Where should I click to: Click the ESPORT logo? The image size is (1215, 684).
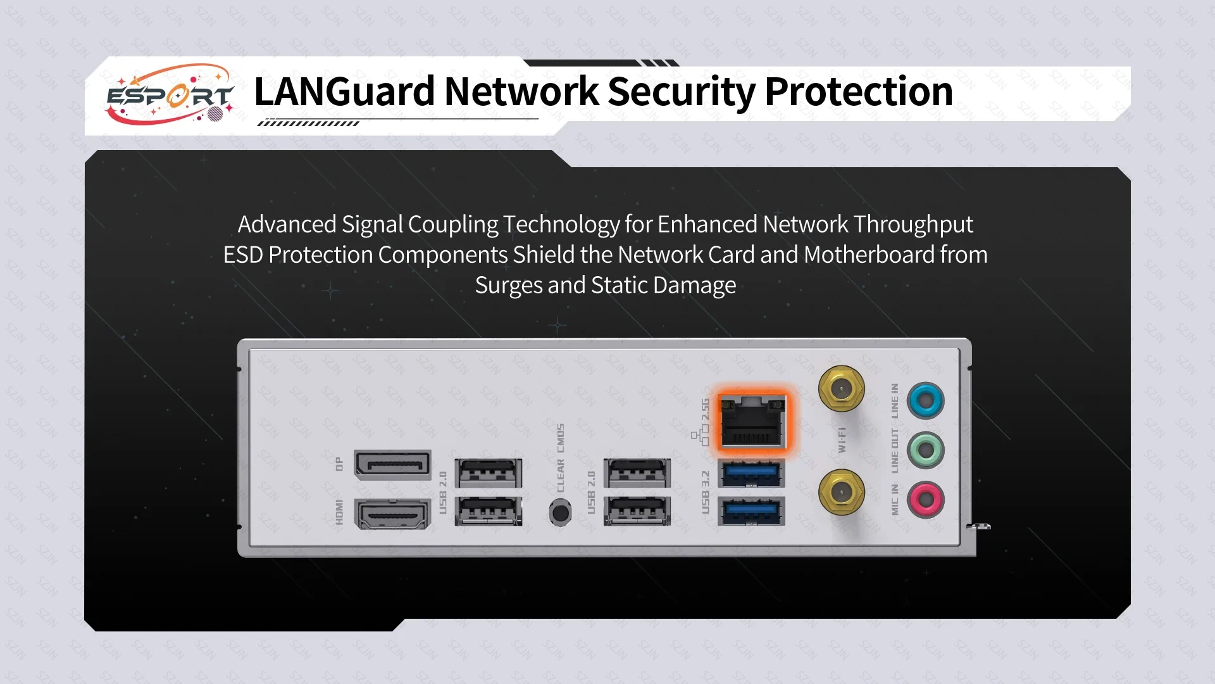coord(170,95)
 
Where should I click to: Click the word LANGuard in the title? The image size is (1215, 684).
coord(344,91)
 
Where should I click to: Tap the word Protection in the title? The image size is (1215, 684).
coord(859,91)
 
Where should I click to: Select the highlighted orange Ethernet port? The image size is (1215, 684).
coord(752,421)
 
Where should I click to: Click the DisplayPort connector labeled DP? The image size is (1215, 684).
coord(393,464)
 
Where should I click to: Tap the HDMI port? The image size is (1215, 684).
coord(393,513)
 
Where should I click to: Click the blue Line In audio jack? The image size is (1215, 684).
coord(925,400)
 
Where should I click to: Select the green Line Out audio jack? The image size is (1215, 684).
coord(925,450)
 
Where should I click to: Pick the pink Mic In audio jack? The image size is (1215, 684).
coord(925,500)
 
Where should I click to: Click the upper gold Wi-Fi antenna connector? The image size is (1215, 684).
coord(841,389)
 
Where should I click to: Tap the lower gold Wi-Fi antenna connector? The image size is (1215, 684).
coord(841,492)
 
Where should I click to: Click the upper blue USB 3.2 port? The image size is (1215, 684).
coord(752,473)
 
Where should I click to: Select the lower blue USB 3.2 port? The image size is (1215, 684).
coord(752,510)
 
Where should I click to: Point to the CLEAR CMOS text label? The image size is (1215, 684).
coord(561,457)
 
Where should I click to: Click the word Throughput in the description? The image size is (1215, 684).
coord(913,224)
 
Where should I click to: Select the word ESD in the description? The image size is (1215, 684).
coord(243,255)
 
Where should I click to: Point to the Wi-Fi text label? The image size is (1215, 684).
coord(842,440)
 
